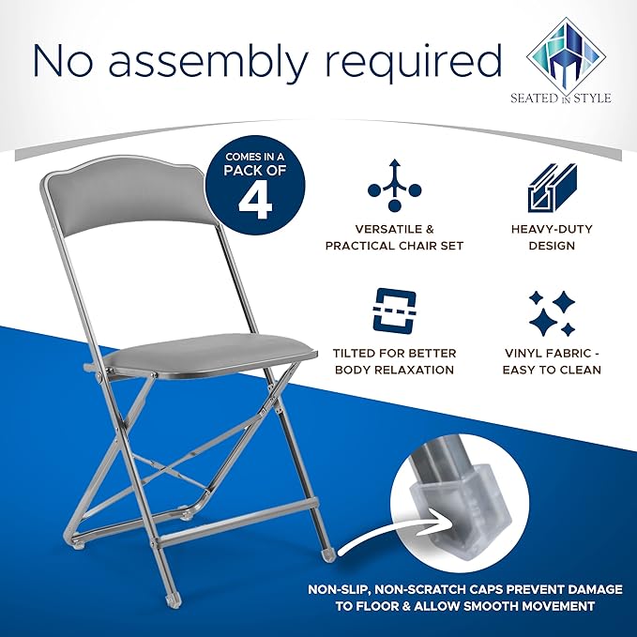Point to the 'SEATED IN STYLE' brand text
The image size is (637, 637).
pyautogui.click(x=561, y=98)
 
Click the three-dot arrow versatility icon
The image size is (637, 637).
pyautogui.click(x=394, y=185)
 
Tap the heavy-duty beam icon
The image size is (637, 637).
pyautogui.click(x=552, y=188)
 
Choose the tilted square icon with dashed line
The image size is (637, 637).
pyautogui.click(x=394, y=310)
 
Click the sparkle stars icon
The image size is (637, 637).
pyautogui.click(x=552, y=313)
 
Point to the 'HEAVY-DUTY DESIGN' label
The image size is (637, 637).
pyautogui.click(x=552, y=237)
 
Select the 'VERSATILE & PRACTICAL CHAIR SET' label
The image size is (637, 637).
pyautogui.click(x=394, y=237)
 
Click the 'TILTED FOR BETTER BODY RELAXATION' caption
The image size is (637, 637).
pyautogui.click(x=394, y=361)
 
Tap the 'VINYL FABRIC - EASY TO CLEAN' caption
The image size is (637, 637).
pyautogui.click(x=552, y=361)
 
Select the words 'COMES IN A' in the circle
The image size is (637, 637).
pyautogui.click(x=255, y=157)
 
